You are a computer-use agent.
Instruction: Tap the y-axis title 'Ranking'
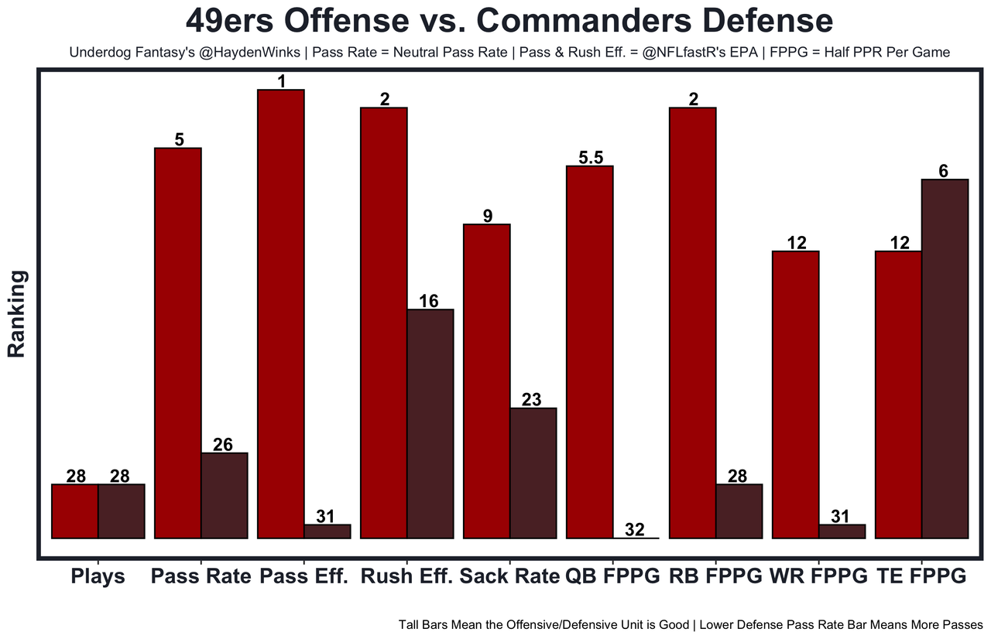pyautogui.click(x=17, y=313)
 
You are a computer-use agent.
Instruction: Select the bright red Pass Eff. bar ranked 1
pyautogui.click(x=281, y=313)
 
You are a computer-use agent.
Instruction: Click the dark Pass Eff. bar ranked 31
pyautogui.click(x=327, y=531)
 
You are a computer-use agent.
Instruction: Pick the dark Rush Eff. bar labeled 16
pyautogui.click(x=430, y=423)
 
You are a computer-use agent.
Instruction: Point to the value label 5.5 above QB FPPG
pyautogui.click(x=590, y=158)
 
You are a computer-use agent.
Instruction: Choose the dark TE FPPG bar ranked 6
pyautogui.click(x=945, y=358)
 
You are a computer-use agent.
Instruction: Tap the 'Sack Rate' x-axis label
pyautogui.click(x=509, y=577)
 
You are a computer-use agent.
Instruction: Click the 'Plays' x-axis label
pyautogui.click(x=98, y=577)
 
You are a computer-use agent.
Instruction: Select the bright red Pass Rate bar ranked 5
pyautogui.click(x=178, y=342)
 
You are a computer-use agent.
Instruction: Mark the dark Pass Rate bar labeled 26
pyautogui.click(x=225, y=495)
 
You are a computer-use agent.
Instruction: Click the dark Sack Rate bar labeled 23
pyautogui.click(x=533, y=473)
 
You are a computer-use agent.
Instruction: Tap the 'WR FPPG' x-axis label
pyautogui.click(x=819, y=577)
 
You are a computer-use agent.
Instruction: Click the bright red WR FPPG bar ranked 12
pyautogui.click(x=796, y=394)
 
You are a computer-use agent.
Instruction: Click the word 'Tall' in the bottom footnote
pyautogui.click(x=411, y=624)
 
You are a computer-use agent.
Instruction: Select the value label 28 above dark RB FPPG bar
pyautogui.click(x=739, y=477)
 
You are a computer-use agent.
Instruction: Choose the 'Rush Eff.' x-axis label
pyautogui.click(x=406, y=577)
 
